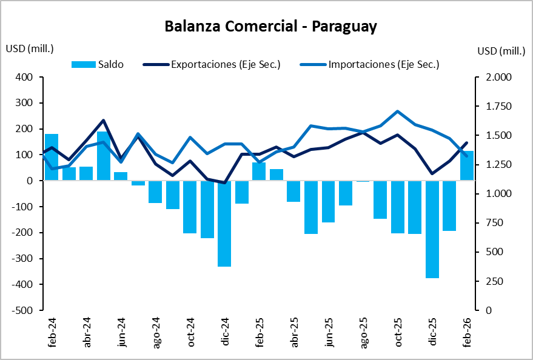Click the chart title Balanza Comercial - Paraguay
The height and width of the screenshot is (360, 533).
(x=270, y=27)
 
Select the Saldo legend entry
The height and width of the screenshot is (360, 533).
(x=97, y=64)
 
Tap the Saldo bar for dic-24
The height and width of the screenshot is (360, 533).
(x=224, y=224)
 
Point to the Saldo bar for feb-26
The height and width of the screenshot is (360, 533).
(x=466, y=165)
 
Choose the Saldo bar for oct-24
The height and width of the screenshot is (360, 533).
(x=190, y=207)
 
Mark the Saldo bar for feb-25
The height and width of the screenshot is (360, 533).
(x=259, y=172)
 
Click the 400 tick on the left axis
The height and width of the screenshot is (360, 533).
(x=25, y=78)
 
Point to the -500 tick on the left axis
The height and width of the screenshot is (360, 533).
(x=23, y=310)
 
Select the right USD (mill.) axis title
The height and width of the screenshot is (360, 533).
(x=501, y=51)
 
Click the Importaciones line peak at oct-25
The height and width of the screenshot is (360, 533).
(x=397, y=112)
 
